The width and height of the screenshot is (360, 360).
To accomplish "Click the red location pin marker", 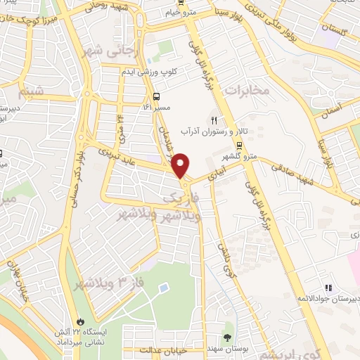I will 181,165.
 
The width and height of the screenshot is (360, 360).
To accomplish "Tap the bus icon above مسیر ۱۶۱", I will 155,97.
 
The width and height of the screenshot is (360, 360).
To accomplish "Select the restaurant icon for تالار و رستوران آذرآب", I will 214,119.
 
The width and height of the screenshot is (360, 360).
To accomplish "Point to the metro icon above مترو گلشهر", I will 240,147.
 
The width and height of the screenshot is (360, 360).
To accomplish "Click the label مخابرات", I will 246,90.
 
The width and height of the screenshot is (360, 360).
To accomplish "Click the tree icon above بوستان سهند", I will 226,334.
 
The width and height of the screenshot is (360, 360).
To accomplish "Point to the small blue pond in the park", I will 162,288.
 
